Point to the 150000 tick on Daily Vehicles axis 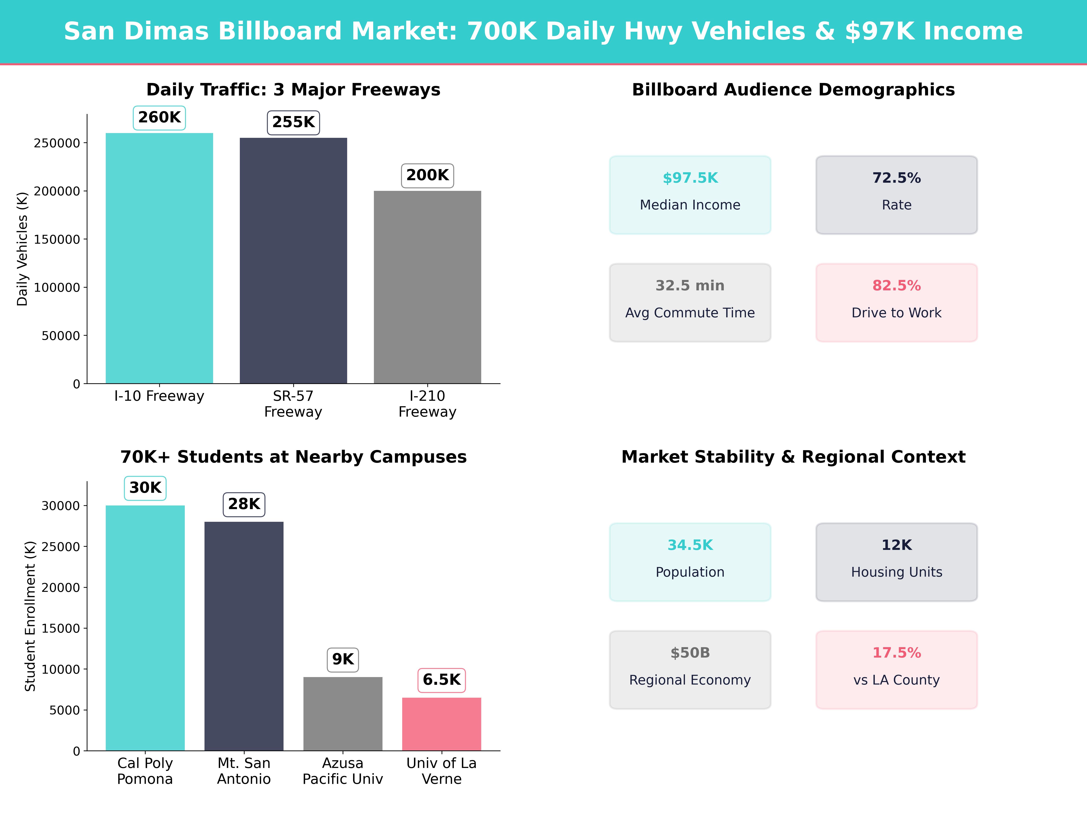coord(57,240)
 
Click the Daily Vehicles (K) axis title coord(22,249)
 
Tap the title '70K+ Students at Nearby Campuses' coord(293,457)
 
